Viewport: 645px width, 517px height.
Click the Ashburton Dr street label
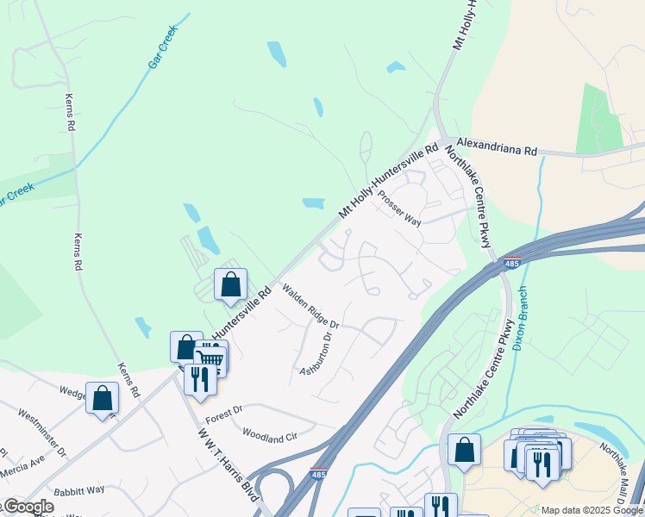click(316, 354)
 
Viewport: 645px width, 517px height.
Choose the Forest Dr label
click(223, 414)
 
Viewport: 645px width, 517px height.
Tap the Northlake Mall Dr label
click(622, 464)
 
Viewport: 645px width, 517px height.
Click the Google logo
click(28, 507)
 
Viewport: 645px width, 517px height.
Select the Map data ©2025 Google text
click(592, 510)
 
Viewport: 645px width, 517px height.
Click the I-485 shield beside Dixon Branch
click(512, 263)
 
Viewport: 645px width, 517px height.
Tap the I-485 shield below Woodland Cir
click(318, 474)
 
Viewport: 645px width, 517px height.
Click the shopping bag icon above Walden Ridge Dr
click(231, 284)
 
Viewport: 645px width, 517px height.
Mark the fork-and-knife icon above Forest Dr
click(200, 379)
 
